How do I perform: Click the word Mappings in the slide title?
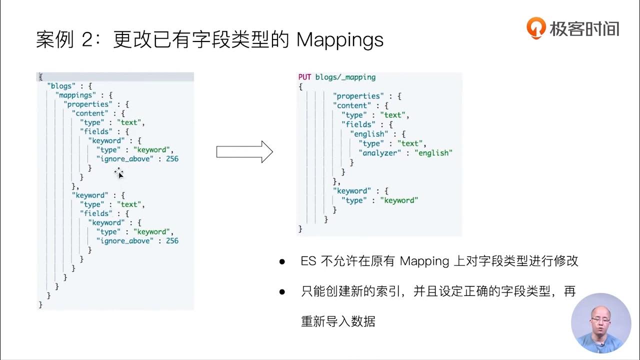click(339, 40)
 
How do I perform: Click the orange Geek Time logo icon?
click(535, 28)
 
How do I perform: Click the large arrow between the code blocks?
click(244, 151)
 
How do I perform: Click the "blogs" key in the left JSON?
click(59, 86)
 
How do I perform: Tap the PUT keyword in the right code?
click(304, 77)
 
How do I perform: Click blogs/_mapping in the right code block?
click(345, 77)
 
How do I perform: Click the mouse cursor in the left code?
click(119, 173)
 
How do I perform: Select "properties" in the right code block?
click(358, 96)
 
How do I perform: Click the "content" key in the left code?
click(91, 113)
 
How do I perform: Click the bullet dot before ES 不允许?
click(282, 261)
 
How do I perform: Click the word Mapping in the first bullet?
click(424, 261)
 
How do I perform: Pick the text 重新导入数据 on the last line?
click(338, 321)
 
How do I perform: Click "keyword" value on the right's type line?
click(399, 200)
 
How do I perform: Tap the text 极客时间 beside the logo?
click(584, 28)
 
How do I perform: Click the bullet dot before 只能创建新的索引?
click(282, 291)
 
